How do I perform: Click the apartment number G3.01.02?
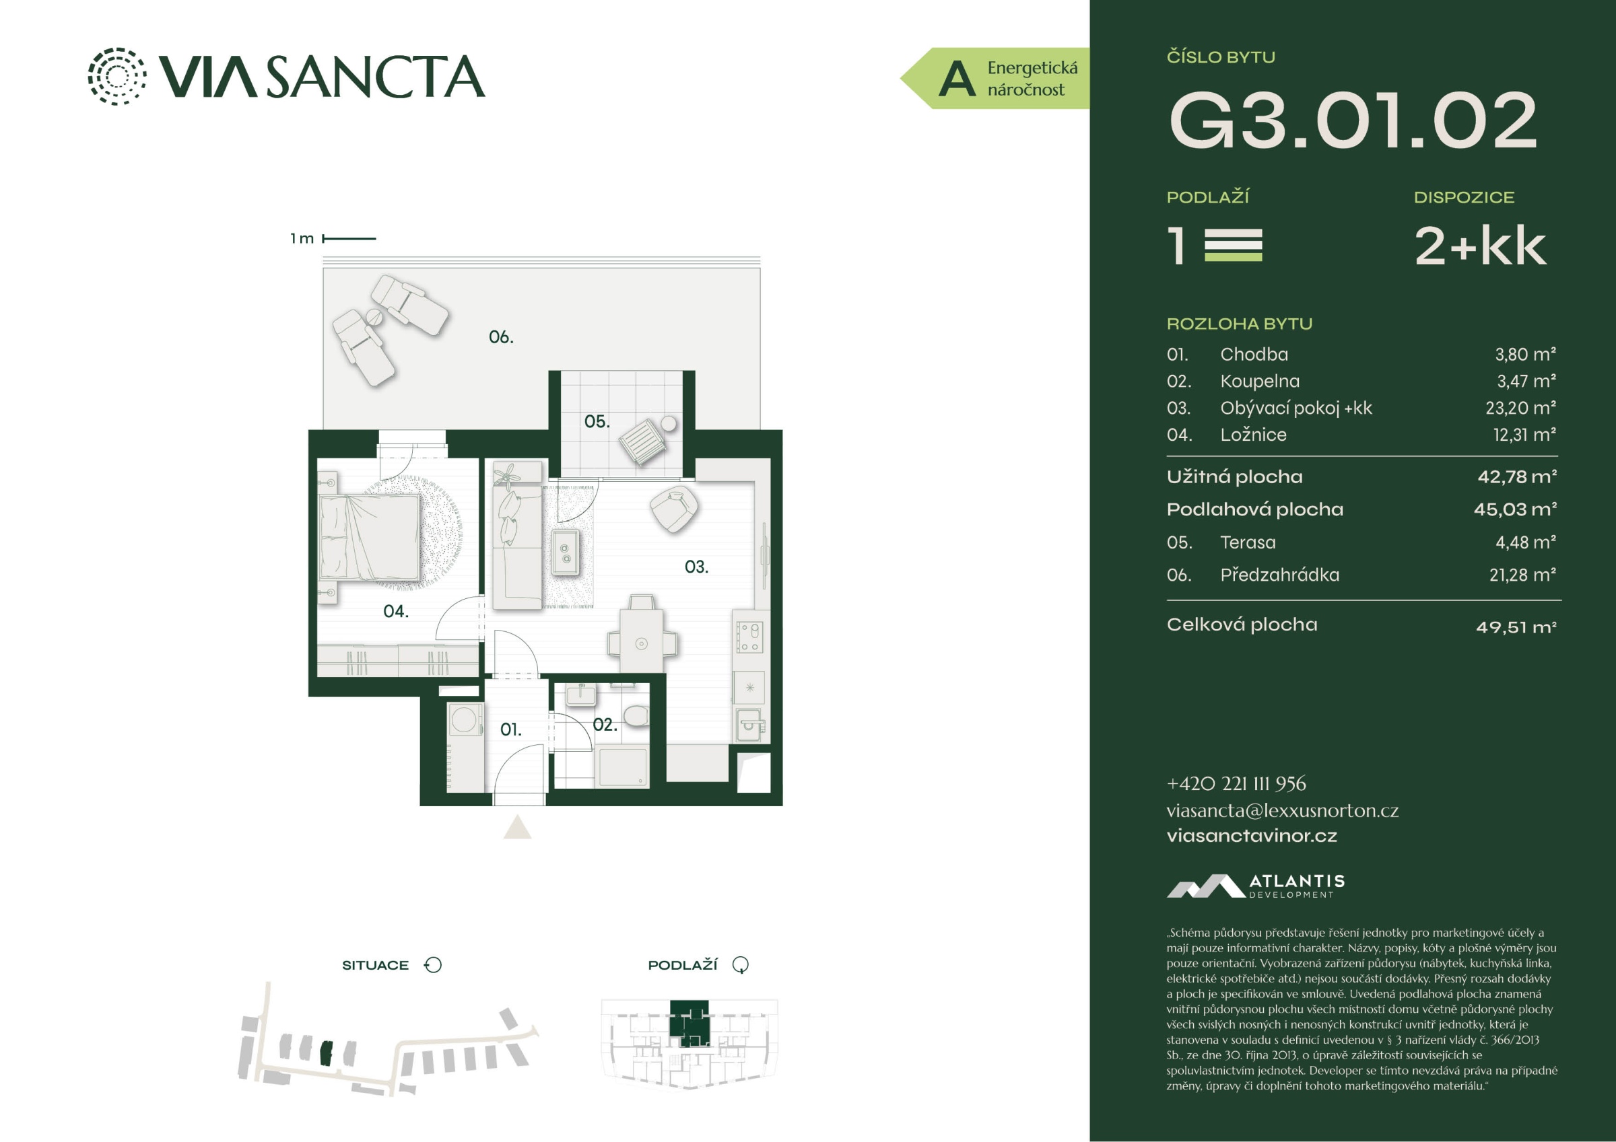[x=1352, y=120]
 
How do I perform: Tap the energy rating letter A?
[x=957, y=78]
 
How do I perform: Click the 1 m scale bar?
[x=349, y=238]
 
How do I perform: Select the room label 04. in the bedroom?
[x=395, y=612]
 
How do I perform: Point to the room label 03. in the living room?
[x=696, y=567]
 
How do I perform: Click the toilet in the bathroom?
[x=636, y=716]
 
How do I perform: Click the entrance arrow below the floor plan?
[x=517, y=828]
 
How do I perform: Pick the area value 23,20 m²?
[x=1521, y=408]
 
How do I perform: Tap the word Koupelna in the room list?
[x=1260, y=382]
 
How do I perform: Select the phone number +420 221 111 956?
[x=1236, y=783]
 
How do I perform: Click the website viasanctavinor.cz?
[x=1252, y=836]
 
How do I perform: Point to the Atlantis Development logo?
[x=1256, y=886]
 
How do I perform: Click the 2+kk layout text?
[x=1480, y=246]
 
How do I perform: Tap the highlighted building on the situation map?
[x=325, y=1052]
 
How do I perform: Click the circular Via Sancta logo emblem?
[x=117, y=76]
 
